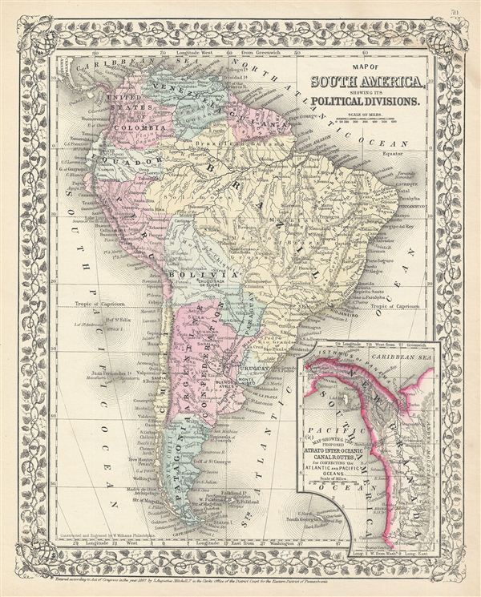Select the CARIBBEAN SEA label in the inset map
click(x=398, y=351)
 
